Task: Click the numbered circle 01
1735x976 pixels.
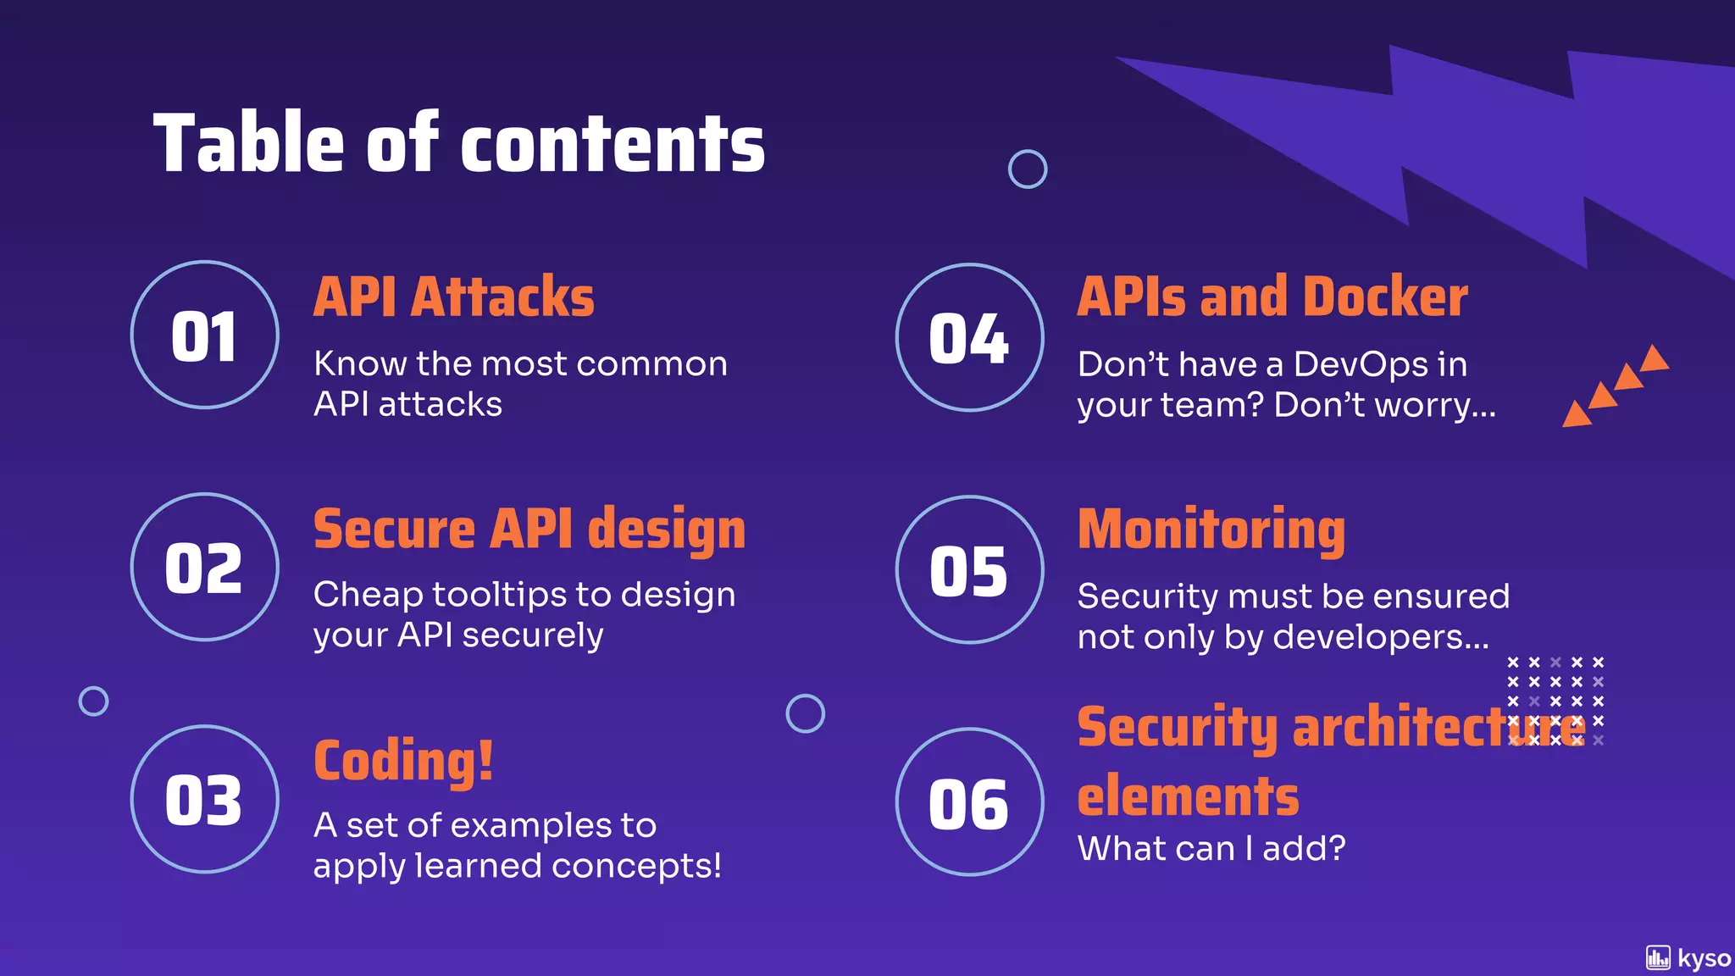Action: [x=204, y=335]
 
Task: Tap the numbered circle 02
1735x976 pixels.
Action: [x=204, y=567]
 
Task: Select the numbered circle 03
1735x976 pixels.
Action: [x=204, y=799]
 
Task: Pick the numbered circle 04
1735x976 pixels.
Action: [x=969, y=337]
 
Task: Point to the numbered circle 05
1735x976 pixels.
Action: [x=969, y=569]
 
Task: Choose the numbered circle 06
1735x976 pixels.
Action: [x=969, y=801]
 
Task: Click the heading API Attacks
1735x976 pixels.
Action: [x=453, y=297]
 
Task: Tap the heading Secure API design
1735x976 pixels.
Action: [x=529, y=530]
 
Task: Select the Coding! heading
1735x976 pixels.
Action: [x=403, y=761]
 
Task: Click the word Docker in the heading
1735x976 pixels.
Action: [x=1384, y=297]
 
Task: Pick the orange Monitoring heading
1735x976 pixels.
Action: [x=1211, y=530]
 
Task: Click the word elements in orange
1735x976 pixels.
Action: [x=1188, y=796]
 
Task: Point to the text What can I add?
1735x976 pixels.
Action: [x=1211, y=848]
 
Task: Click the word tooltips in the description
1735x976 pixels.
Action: [x=499, y=595]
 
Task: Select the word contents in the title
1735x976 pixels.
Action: [x=612, y=144]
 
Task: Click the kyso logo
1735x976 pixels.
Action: [x=1688, y=958]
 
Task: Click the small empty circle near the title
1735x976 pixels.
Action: [x=1027, y=169]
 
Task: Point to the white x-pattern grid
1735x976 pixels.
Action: [x=1555, y=700]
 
